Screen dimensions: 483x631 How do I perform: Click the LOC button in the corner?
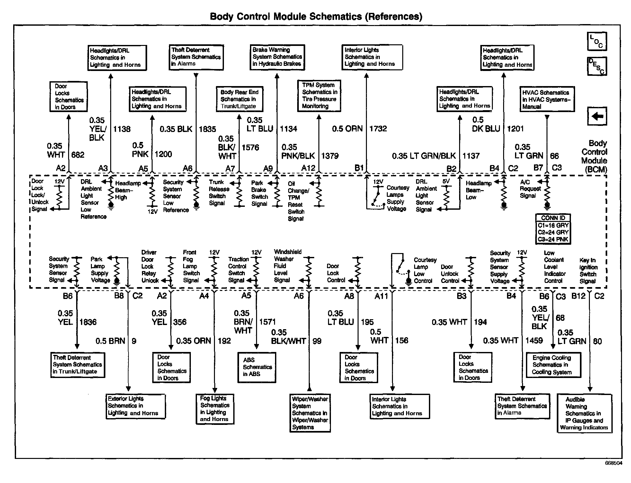(x=597, y=41)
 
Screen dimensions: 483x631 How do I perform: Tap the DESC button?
(x=597, y=66)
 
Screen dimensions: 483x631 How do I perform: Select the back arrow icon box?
(x=597, y=116)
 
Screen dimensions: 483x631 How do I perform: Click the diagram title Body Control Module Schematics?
(x=316, y=16)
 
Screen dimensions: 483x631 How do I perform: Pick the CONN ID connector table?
(x=553, y=229)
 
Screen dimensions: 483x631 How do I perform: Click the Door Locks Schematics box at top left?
(x=68, y=97)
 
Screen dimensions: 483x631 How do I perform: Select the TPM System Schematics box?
(x=319, y=96)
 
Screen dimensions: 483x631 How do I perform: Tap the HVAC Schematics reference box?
(x=547, y=99)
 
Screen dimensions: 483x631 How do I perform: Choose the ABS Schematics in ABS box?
(x=257, y=367)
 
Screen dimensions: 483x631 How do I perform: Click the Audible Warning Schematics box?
(x=584, y=413)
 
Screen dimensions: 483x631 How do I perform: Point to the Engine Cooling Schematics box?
(x=553, y=365)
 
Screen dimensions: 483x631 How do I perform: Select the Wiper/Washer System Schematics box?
(x=310, y=413)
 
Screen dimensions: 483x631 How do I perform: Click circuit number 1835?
(x=207, y=129)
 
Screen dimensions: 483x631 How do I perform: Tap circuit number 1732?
(x=378, y=129)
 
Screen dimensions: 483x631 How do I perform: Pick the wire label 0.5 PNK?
(x=140, y=150)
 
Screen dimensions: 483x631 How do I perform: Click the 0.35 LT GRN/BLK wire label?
(x=424, y=156)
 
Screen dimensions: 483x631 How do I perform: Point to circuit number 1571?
(x=267, y=322)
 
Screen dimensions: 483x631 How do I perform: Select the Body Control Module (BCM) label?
(x=594, y=156)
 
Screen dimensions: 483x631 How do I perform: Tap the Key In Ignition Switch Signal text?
(x=588, y=271)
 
